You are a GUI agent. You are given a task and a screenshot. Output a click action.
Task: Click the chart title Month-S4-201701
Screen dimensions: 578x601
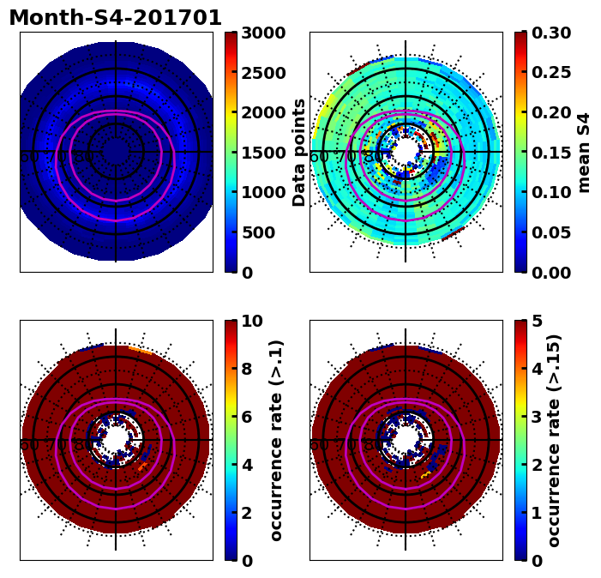[116, 18]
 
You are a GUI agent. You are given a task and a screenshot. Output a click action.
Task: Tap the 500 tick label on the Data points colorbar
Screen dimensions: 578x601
[258, 232]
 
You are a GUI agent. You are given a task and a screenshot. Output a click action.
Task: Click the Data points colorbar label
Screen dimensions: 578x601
[299, 153]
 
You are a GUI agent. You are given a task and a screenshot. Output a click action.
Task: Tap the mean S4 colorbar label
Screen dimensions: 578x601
[585, 153]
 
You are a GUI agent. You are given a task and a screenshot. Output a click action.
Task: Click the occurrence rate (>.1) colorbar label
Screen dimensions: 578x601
[276, 441]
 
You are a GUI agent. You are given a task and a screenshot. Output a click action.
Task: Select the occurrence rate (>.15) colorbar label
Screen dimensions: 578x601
[555, 441]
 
